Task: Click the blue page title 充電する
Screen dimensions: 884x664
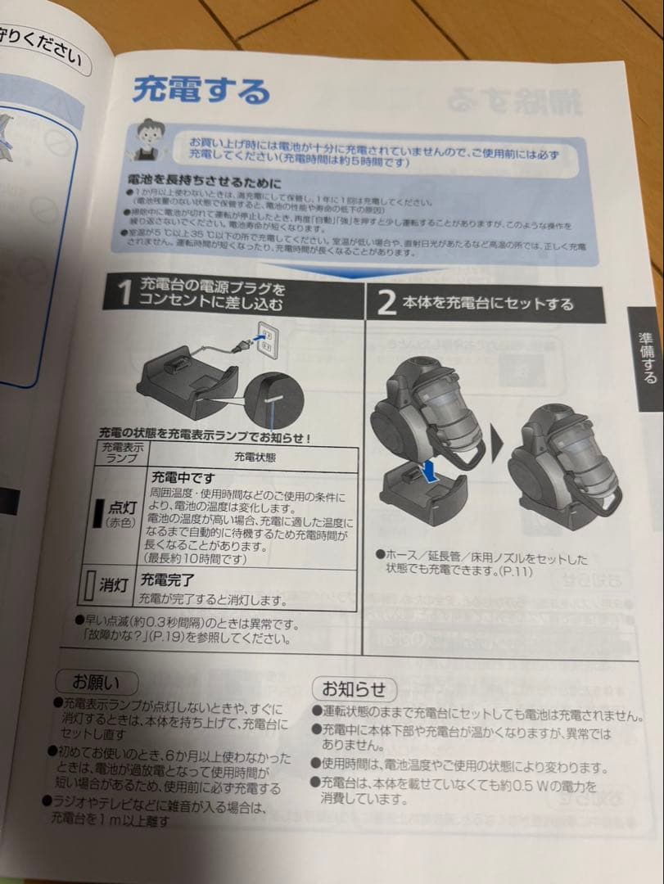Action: (x=201, y=88)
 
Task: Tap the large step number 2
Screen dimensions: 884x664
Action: (x=386, y=304)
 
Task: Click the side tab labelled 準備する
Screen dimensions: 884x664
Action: (x=646, y=357)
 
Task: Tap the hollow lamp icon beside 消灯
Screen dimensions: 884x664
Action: (x=92, y=585)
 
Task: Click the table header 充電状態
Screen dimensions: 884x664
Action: (x=254, y=457)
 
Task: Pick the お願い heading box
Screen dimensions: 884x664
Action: (x=96, y=681)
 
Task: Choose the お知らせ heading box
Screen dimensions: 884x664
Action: (x=354, y=688)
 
